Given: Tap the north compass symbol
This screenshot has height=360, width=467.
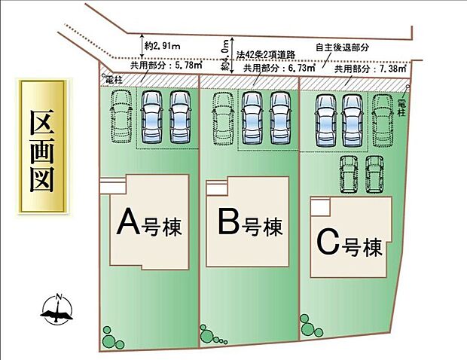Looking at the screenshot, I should pyautogui.click(x=56, y=307).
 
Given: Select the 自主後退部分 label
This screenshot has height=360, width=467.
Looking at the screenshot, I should pyautogui.click(x=343, y=47).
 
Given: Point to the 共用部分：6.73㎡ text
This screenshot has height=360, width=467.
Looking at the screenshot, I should pyautogui.click(x=267, y=67).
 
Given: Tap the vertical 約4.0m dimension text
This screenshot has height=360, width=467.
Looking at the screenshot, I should pyautogui.click(x=225, y=56).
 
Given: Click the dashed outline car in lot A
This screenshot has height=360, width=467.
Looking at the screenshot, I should pyautogui.click(x=121, y=117).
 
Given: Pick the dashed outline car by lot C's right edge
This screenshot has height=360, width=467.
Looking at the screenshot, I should pyautogui.click(x=383, y=118).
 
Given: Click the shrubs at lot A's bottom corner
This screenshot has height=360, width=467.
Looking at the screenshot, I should pyautogui.click(x=112, y=337).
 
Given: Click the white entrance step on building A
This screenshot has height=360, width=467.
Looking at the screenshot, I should pyautogui.click(x=111, y=183).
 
